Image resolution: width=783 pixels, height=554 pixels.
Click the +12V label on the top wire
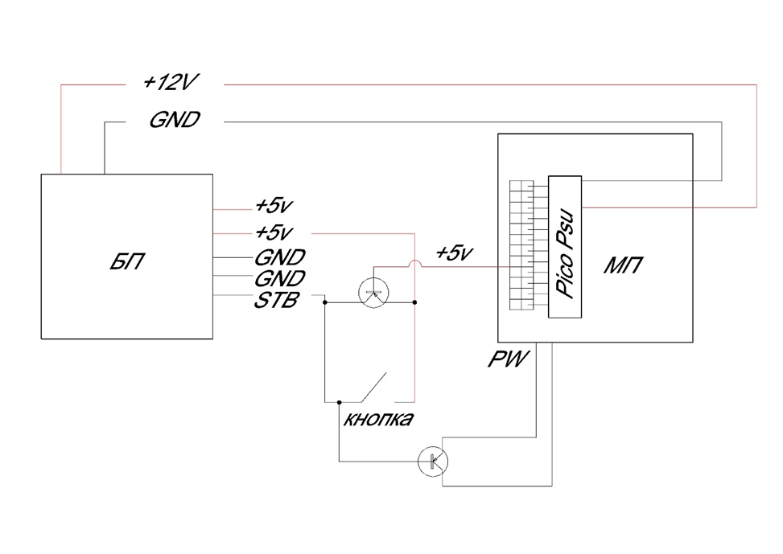tap(171, 82)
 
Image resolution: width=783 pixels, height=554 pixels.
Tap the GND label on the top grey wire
tap(175, 120)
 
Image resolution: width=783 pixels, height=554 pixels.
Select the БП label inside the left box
tap(127, 261)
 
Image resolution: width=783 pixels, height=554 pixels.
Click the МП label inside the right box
tap(623, 265)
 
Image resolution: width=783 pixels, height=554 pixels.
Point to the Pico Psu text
tap(565, 255)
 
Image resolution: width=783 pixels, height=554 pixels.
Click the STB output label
tap(277, 300)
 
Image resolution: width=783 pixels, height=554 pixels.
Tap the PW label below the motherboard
tap(507, 359)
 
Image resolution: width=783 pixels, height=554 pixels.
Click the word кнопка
tap(378, 419)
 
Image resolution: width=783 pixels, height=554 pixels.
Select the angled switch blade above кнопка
tap(374, 387)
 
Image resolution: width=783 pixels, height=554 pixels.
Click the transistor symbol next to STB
tap(373, 293)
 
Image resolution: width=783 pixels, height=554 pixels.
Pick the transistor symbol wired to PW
tap(432, 462)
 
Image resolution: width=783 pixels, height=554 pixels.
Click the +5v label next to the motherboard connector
tap(454, 252)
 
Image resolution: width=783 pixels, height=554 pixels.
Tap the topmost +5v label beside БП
tap(274, 205)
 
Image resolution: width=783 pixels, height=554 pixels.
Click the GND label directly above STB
tap(280, 278)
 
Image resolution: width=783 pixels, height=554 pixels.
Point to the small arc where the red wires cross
tap(415, 264)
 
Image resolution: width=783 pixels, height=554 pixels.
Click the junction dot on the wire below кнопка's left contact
tap(339, 402)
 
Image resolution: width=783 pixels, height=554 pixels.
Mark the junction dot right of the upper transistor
tap(415, 302)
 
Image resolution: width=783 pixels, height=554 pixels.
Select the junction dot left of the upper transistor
tap(324, 302)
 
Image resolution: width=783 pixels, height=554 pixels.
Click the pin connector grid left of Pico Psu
tap(521, 245)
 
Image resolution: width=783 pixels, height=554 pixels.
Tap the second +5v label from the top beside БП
tap(274, 232)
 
